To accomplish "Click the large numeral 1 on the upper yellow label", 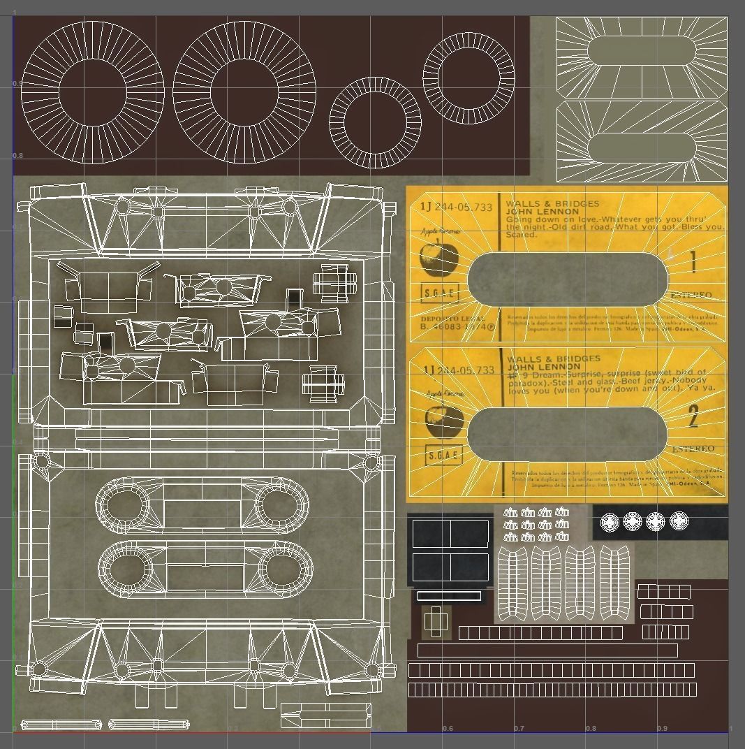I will (x=693, y=263).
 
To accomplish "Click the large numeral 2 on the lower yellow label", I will (x=693, y=418).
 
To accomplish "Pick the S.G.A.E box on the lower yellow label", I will (x=443, y=455).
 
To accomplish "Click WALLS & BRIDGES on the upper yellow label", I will (x=552, y=204).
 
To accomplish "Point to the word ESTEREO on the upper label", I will (x=691, y=296).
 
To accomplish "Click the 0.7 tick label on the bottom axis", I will (x=519, y=729).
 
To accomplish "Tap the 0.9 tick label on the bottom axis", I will (x=662, y=729).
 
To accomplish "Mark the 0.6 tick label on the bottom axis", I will (x=447, y=729).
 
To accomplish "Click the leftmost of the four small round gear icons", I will (x=610, y=521).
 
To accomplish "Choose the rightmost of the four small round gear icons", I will (x=679, y=521).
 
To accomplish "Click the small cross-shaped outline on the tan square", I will (x=436, y=620).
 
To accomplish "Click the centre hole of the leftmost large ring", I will (x=92, y=93).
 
